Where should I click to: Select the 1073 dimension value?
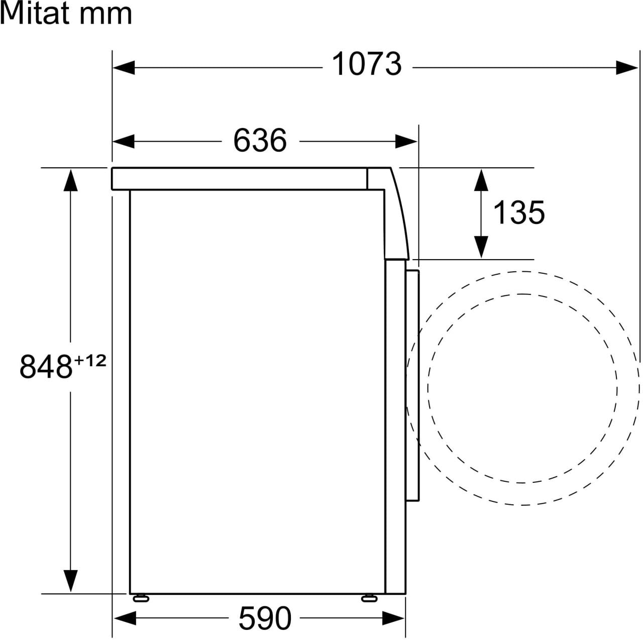coord(367,64)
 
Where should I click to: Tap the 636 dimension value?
coord(260,141)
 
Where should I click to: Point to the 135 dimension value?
coord(518,212)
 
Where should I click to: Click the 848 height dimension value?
coord(46,367)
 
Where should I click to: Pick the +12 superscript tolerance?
coord(90,361)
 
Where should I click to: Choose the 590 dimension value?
coord(265,618)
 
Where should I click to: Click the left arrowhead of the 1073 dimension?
coord(124,68)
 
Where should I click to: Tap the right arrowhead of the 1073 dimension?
coord(627,68)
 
